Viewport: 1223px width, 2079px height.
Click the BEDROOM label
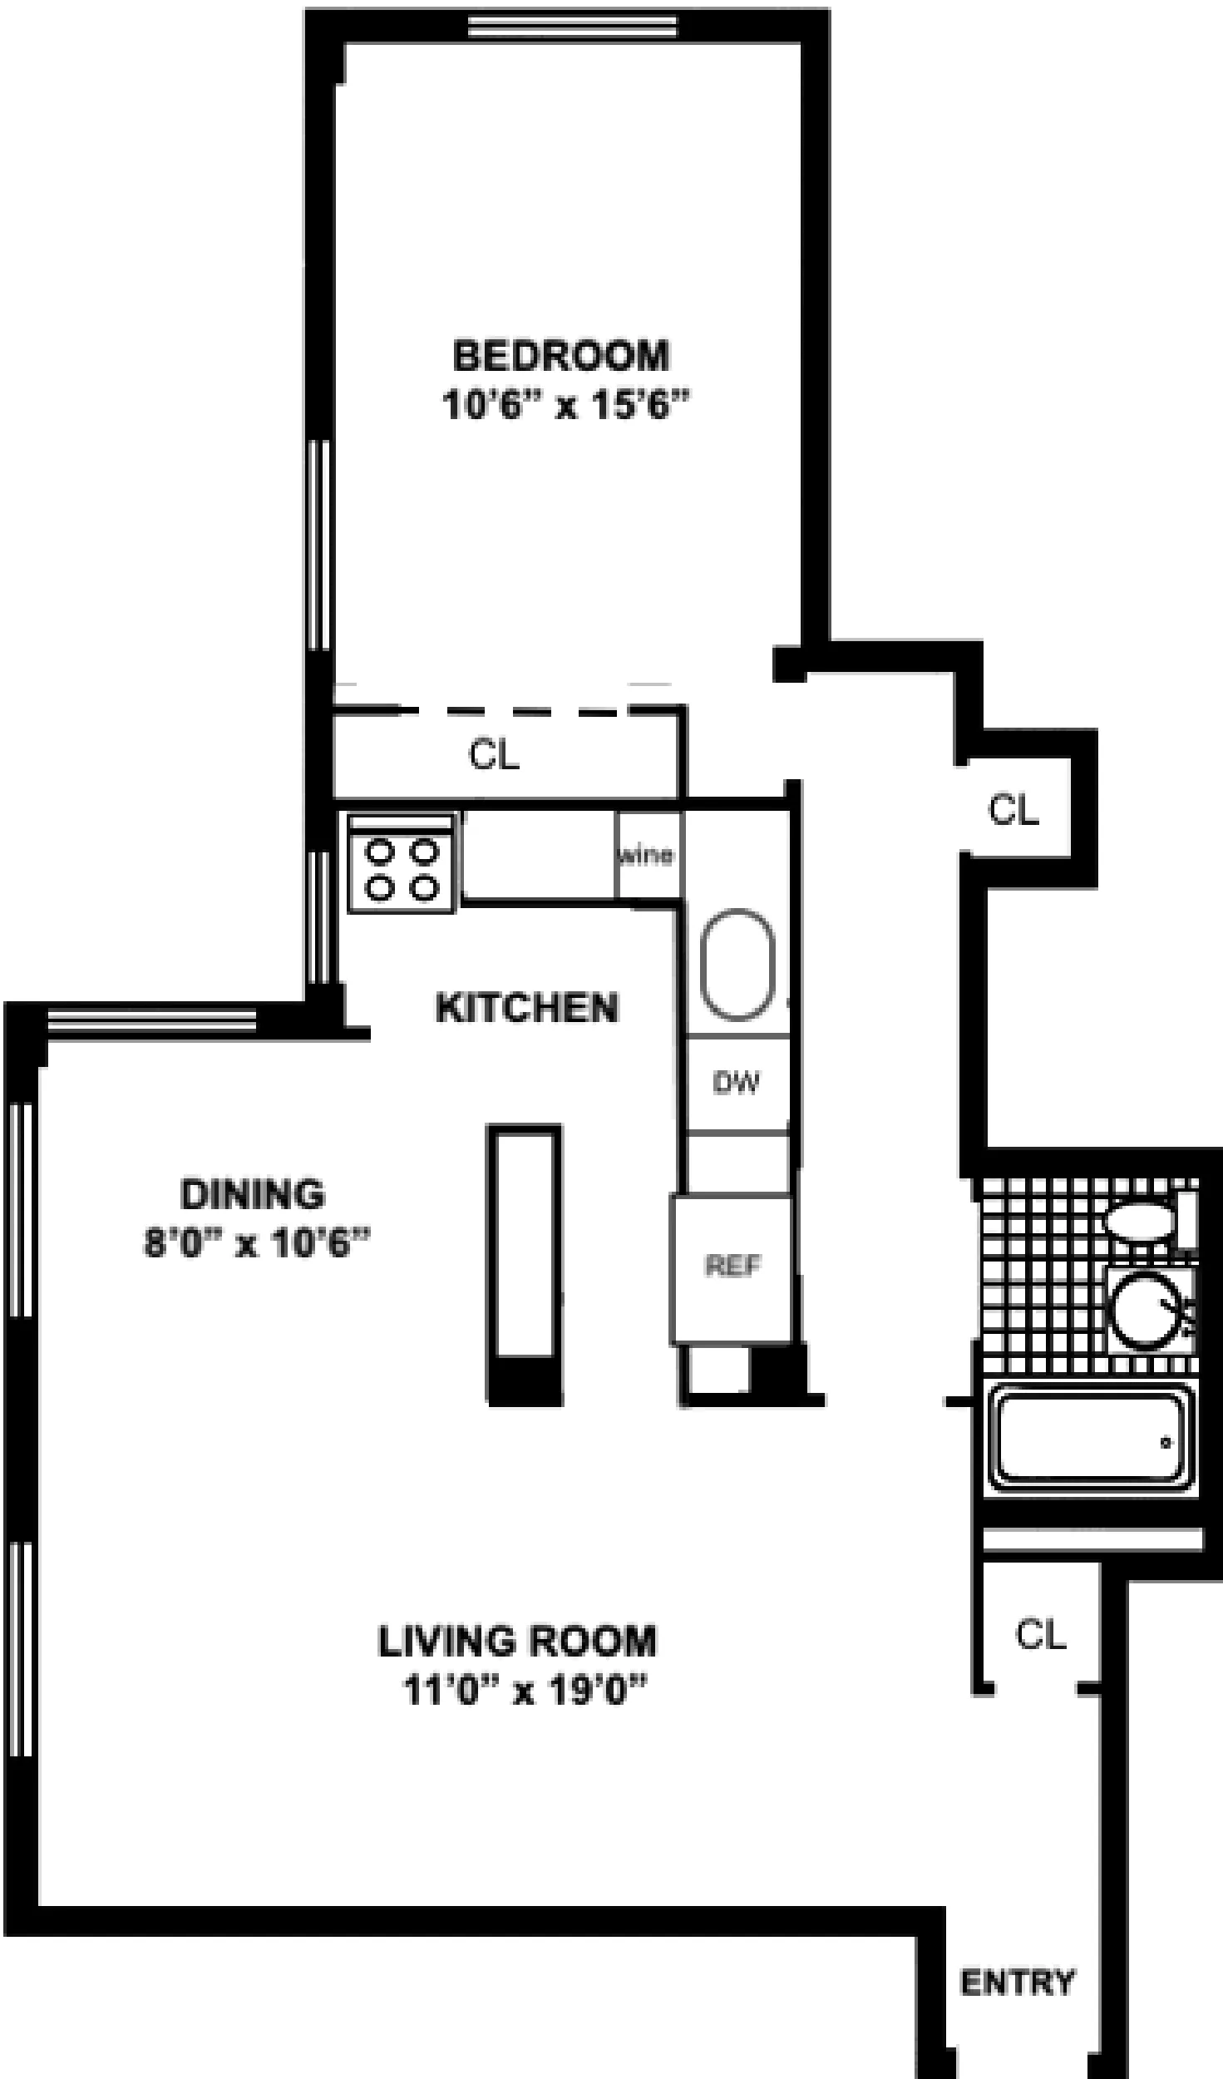coord(560,356)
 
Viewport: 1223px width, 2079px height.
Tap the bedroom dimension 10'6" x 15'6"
coord(566,406)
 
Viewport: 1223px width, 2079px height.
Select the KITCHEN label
coord(527,1008)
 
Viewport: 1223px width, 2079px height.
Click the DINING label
coord(253,1194)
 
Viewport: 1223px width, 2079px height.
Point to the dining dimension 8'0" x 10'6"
coord(257,1244)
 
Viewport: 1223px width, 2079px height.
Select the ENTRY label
coord(1017,1983)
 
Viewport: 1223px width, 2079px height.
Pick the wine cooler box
coord(648,856)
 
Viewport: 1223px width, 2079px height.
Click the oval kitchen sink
coord(737,965)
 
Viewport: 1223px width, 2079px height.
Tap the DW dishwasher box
coord(737,1083)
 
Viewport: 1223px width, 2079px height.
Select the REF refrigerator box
coord(732,1267)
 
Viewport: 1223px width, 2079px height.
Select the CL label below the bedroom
coord(494,755)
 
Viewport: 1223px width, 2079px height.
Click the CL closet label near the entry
coord(1040,1634)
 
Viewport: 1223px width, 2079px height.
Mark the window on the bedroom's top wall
coord(571,27)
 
